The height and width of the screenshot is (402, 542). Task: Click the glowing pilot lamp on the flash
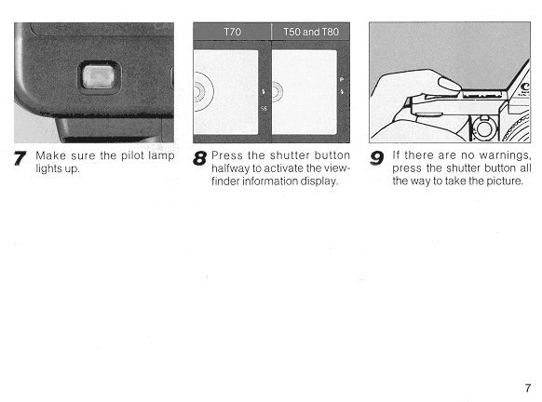coord(98,77)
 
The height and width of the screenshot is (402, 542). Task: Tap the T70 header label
coord(232,32)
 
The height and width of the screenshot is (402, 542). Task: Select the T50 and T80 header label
coord(311,32)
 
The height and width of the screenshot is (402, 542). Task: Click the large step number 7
coord(20,158)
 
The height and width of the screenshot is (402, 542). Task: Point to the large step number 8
coord(200,158)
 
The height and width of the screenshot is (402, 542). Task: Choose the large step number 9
coord(377,158)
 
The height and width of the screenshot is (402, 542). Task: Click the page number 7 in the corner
coord(527,388)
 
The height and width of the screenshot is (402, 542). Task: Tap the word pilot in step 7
coord(131,155)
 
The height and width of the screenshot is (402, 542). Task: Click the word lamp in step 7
coord(161,156)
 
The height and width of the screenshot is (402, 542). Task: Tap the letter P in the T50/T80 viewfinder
coord(342,79)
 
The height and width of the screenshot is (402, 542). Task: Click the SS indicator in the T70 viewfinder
coord(264,109)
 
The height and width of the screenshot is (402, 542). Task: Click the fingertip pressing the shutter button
coord(450,84)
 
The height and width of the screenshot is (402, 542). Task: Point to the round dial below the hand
coord(484,128)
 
